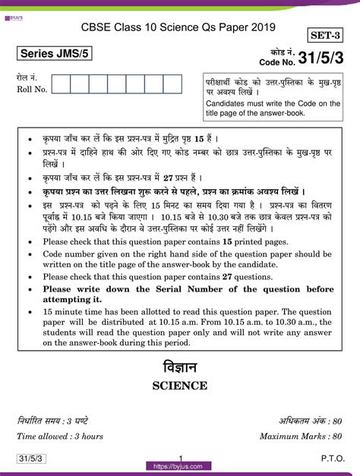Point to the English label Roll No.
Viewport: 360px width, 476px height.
click(x=32, y=90)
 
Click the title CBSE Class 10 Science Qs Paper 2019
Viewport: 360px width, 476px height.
click(x=179, y=27)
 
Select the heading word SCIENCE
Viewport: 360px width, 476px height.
click(x=180, y=386)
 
